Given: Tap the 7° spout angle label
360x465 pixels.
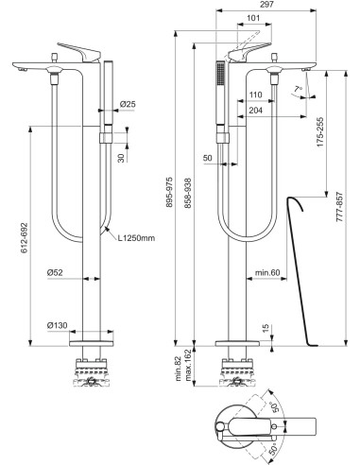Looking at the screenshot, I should pos(300,90).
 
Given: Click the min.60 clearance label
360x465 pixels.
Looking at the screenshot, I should pos(266,275).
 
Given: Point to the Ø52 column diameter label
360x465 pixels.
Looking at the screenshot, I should pos(57,273).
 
